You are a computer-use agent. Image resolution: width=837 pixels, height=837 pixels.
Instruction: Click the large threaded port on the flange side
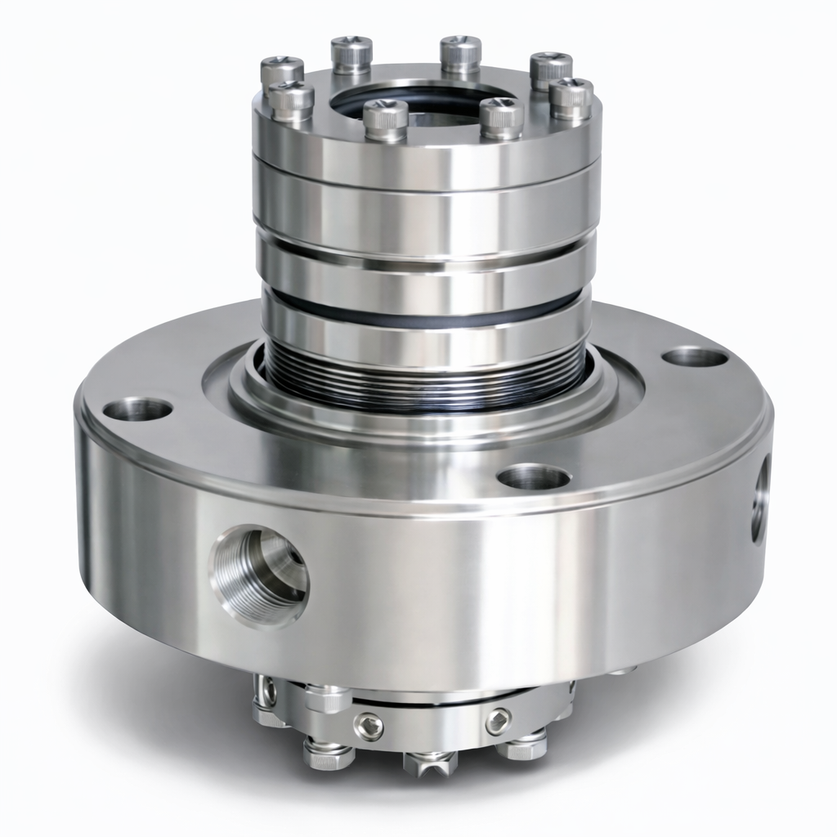(x=259, y=575)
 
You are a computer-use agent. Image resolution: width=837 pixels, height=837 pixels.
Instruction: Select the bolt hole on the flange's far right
(x=695, y=356)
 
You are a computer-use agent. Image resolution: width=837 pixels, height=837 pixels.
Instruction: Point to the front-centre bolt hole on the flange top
(x=533, y=477)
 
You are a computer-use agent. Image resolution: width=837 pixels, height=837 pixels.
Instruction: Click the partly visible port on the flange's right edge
(x=759, y=499)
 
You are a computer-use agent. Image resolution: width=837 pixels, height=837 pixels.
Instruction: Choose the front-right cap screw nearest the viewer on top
(x=501, y=117)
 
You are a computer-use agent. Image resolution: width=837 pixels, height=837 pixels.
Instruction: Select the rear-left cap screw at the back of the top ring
(x=351, y=53)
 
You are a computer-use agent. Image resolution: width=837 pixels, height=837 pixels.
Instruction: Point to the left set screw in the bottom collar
(x=369, y=725)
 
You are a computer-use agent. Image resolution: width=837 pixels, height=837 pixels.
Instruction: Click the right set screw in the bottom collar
(x=498, y=721)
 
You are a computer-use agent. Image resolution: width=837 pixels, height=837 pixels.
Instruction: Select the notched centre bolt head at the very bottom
(x=430, y=760)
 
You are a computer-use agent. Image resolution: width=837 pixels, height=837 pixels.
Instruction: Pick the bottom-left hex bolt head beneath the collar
(x=329, y=753)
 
